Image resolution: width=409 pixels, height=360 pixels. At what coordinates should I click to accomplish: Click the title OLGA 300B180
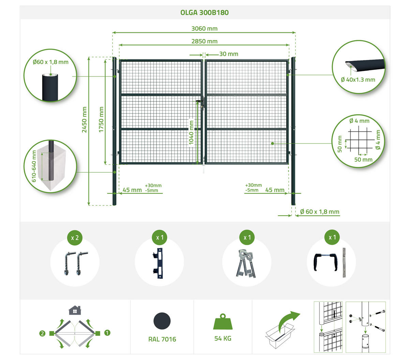click(x=204, y=13)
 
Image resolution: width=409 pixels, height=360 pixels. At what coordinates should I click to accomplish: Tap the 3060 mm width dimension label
click(x=204, y=29)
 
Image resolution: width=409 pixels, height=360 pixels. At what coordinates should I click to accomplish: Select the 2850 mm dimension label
click(x=204, y=41)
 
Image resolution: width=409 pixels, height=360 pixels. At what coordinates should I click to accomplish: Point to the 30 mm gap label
click(x=228, y=54)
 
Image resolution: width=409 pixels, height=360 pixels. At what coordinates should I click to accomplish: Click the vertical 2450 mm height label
click(x=84, y=119)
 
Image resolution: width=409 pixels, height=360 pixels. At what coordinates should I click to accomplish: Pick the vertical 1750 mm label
click(x=101, y=119)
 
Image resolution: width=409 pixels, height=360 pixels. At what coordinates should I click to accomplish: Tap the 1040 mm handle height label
click(x=191, y=132)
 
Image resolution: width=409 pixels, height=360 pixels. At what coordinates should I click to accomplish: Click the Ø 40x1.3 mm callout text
click(x=358, y=80)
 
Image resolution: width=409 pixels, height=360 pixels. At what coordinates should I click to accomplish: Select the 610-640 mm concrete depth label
click(x=34, y=166)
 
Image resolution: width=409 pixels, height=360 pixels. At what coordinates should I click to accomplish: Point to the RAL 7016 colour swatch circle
click(x=162, y=321)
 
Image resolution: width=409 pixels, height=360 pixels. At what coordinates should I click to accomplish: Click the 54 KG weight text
click(x=223, y=338)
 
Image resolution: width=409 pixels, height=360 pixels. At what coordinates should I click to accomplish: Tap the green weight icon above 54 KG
click(x=223, y=321)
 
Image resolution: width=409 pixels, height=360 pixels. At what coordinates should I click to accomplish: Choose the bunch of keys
click(x=246, y=263)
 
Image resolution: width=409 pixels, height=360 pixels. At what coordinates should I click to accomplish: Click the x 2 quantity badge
click(x=75, y=238)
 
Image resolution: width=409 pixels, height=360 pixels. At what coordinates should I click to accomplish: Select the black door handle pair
click(x=325, y=262)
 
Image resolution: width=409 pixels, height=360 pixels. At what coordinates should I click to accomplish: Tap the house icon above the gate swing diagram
click(x=75, y=310)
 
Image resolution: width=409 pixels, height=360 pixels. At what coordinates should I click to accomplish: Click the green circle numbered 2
click(x=42, y=333)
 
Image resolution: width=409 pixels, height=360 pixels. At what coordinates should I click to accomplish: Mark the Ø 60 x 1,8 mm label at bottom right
click(x=320, y=212)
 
